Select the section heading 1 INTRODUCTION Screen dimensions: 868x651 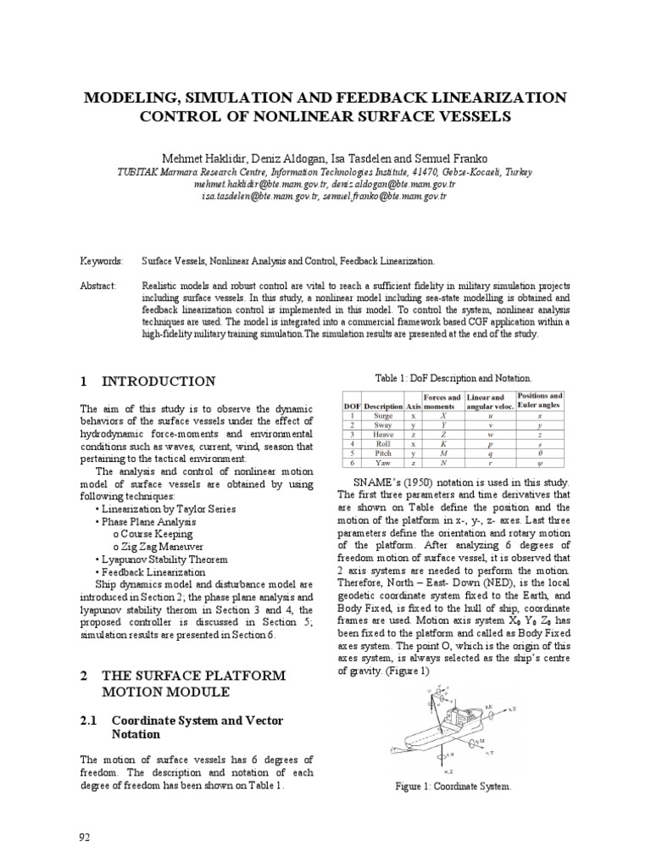coord(147,381)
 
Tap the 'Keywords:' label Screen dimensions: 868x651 coord(101,263)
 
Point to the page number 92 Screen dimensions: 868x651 coord(84,837)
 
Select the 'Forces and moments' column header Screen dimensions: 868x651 coord(441,401)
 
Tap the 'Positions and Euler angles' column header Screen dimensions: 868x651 coord(540,401)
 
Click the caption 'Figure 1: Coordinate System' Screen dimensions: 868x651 coord(453,787)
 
